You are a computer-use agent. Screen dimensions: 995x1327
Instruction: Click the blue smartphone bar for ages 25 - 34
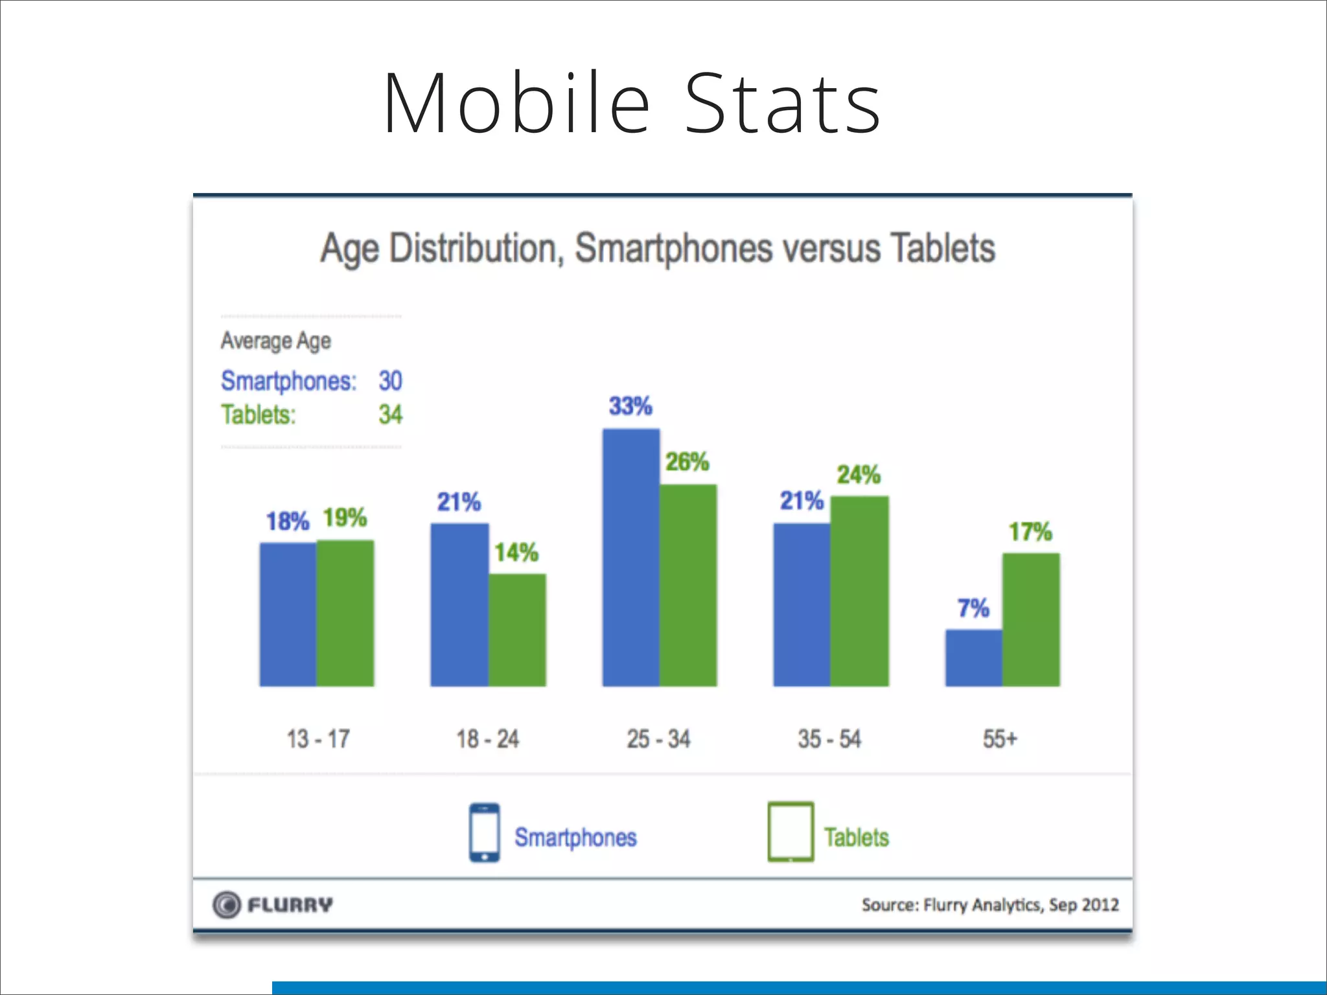point(631,557)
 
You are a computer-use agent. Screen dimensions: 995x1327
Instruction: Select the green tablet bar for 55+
point(1031,619)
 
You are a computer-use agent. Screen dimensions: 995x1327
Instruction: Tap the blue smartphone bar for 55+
point(973,658)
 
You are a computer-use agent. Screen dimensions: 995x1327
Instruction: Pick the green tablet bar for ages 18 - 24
point(517,630)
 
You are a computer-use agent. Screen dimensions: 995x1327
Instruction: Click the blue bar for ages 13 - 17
point(288,614)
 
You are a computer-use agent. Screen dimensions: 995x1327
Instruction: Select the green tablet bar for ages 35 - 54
point(859,591)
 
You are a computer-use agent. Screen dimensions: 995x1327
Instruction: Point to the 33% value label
point(630,406)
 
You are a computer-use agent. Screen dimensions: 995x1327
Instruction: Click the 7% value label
point(973,608)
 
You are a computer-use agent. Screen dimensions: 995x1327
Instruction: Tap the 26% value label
point(687,462)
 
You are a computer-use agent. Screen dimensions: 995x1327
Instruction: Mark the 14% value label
point(516,553)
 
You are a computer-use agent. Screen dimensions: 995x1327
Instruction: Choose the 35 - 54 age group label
point(829,738)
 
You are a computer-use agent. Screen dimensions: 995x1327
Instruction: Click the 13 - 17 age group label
point(318,738)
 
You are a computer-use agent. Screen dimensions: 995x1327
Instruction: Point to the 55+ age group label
point(1000,738)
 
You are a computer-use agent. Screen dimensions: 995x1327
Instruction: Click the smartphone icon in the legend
point(484,832)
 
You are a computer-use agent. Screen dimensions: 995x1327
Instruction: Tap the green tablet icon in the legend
point(790,832)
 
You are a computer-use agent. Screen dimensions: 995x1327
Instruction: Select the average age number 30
point(390,381)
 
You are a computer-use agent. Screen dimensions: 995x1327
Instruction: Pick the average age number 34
point(390,415)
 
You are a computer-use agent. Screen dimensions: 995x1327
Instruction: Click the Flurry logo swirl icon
point(227,905)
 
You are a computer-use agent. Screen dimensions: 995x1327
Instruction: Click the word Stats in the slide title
point(782,104)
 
